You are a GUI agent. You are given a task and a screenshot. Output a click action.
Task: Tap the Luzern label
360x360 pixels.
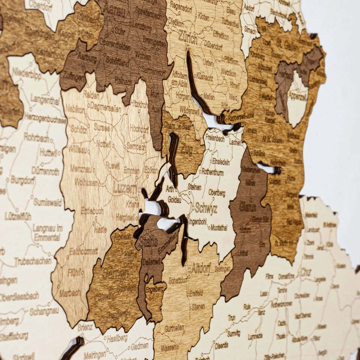tap(125, 188)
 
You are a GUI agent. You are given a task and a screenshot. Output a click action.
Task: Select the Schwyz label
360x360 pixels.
tap(206, 209)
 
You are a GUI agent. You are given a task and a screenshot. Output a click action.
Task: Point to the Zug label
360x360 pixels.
tap(186, 148)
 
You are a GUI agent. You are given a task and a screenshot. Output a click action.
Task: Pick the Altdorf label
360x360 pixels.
tap(201, 268)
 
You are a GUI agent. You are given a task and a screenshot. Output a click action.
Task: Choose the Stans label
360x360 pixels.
tap(148, 242)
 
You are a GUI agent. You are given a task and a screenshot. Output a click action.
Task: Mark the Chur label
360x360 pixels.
tap(306, 272)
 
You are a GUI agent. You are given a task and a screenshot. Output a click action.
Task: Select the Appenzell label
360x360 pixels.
tap(297, 96)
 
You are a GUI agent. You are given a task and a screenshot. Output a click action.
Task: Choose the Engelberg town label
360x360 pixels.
tap(155, 289)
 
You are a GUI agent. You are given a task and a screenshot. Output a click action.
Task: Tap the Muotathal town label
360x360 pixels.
tap(219, 227)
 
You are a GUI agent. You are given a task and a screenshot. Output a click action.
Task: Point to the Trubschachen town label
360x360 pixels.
tap(33, 261)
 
